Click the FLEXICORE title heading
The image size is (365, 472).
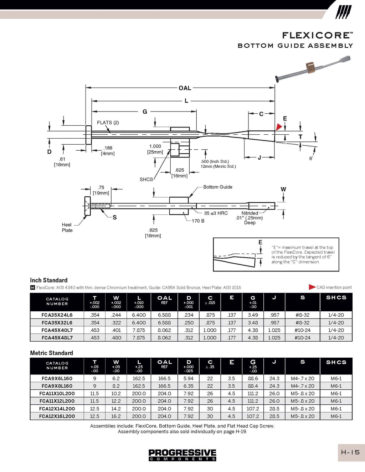[317, 35]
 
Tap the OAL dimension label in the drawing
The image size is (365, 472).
[185, 88]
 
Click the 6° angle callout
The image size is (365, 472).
[311, 158]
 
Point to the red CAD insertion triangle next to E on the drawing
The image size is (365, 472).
[279, 127]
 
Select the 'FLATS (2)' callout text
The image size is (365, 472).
[108, 123]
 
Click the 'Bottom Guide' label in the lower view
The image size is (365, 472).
[217, 187]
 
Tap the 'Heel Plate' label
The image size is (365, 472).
[67, 228]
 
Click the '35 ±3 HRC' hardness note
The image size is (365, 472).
[216, 213]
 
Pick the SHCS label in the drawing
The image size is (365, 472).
[146, 180]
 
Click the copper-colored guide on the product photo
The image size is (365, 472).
[310, 67]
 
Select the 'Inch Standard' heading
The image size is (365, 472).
[49, 280]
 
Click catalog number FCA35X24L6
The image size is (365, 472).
[57, 315]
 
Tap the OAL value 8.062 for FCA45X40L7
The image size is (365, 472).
[164, 330]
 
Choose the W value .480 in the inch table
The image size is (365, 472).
[116, 338]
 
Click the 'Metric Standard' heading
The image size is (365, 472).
[51, 353]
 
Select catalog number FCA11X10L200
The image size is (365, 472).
[57, 394]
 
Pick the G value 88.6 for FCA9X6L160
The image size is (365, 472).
[253, 379]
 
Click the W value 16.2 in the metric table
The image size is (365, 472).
[116, 416]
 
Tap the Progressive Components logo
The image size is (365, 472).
[182, 455]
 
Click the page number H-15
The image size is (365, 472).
[350, 452]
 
